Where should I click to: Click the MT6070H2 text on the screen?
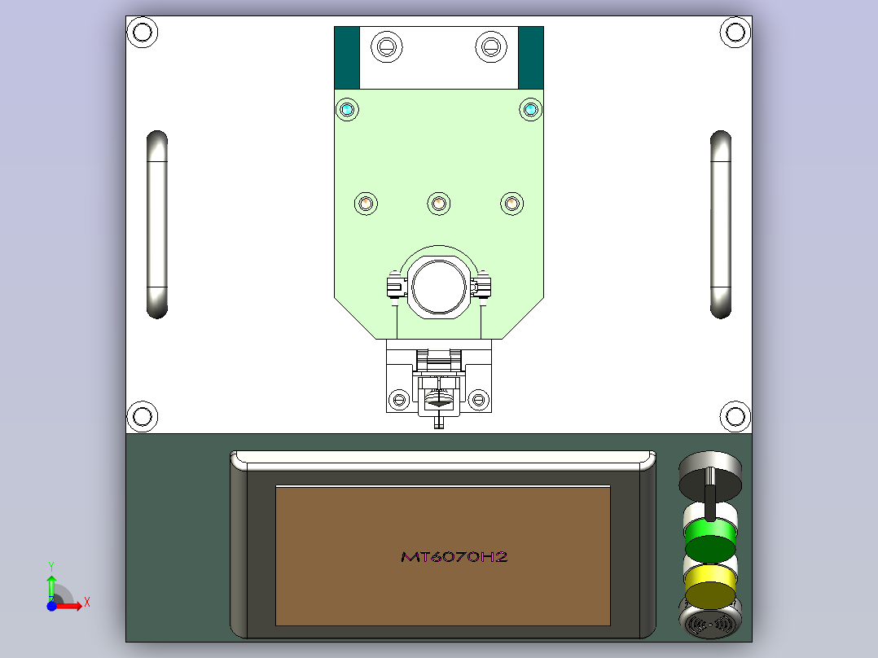coord(454,557)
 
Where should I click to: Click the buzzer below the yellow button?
coord(710,621)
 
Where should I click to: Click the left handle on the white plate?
coord(157,225)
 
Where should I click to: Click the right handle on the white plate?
coord(721,225)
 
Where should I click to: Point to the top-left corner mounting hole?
coord(143,32)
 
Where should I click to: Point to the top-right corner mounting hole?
coord(735,32)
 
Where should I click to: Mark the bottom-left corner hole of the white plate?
coord(143,417)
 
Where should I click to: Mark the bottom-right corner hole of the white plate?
coord(735,417)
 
